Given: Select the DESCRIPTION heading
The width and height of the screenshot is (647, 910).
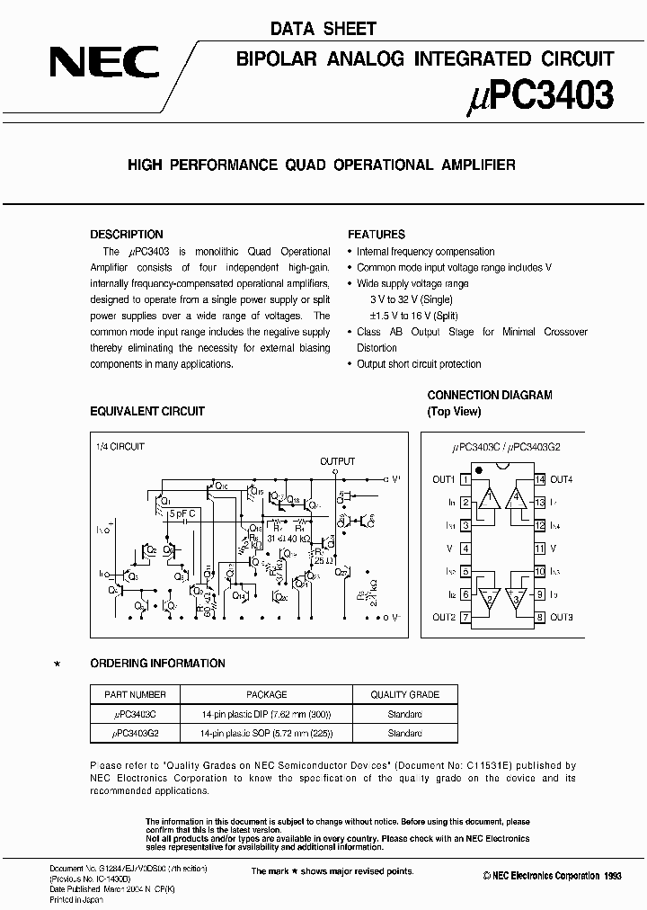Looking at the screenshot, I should coord(127,235).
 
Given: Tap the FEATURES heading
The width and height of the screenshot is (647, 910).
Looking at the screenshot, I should coord(377,235).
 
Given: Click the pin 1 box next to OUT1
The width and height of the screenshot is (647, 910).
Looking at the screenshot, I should coord(465,479).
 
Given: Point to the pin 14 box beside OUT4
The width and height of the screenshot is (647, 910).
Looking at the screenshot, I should coord(539,479).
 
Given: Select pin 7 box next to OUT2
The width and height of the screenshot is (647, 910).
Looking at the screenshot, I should coord(465,617).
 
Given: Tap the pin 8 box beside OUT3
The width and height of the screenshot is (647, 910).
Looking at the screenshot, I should coord(539,617).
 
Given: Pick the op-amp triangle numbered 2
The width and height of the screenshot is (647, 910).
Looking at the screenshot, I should coord(488,596).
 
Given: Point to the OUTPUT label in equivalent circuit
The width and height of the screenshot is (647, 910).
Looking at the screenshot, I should coord(338,461).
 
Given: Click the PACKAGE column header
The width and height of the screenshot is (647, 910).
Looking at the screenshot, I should coord(267,694).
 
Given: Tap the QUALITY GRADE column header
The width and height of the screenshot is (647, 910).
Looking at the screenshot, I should coord(405,694).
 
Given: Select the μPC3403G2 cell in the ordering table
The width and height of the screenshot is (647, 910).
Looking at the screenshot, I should coord(134,733).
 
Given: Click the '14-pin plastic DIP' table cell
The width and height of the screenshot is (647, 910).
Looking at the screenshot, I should coord(267,714).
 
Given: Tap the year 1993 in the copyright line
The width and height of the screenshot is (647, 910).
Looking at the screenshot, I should coord(611,876).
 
